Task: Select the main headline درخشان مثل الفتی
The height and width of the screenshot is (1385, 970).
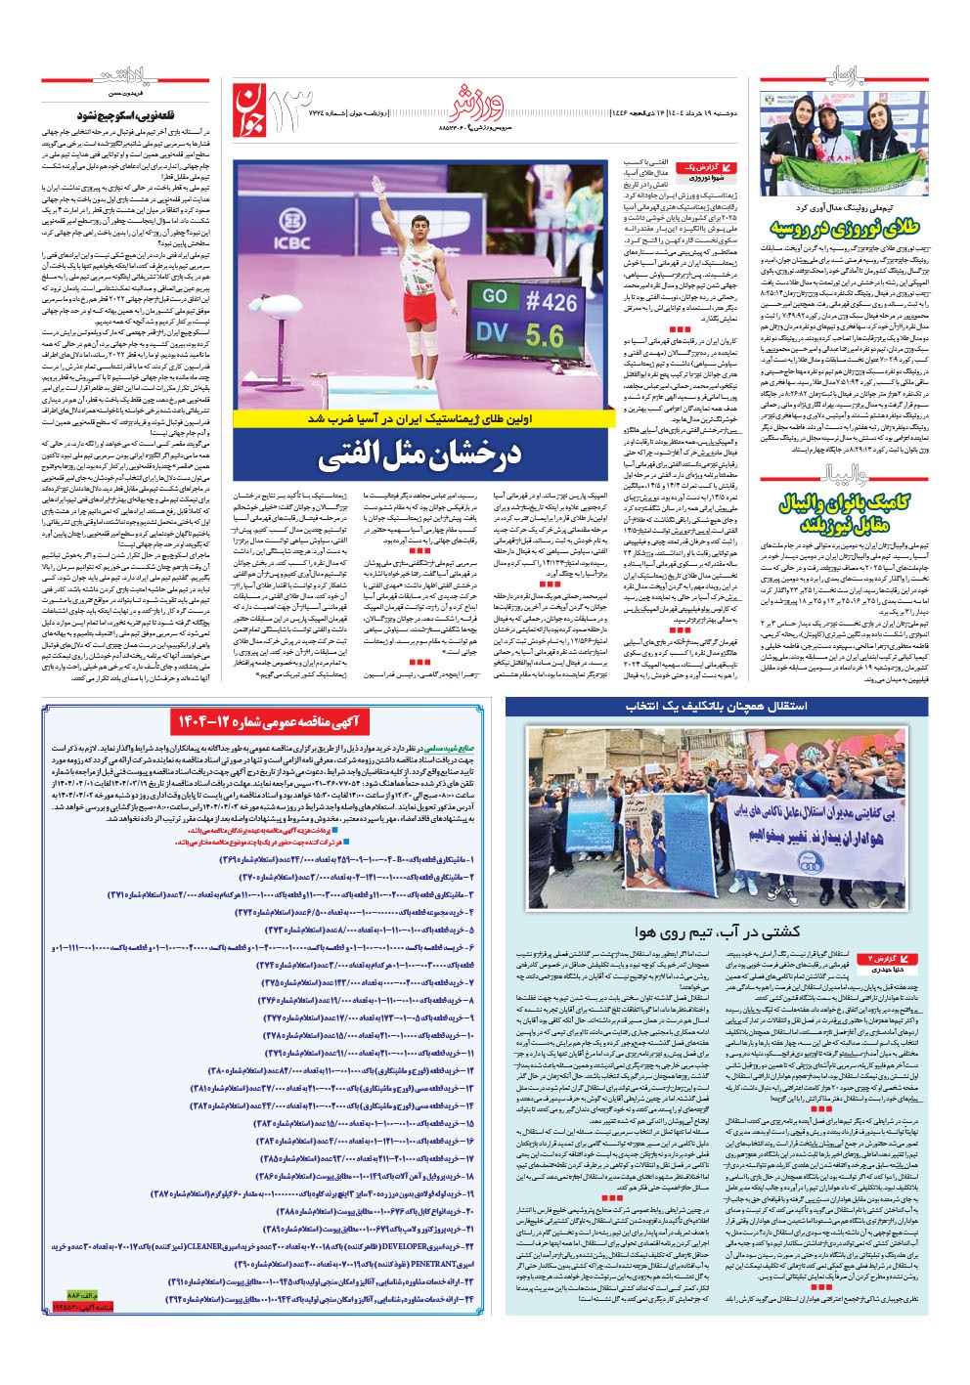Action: (x=421, y=454)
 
